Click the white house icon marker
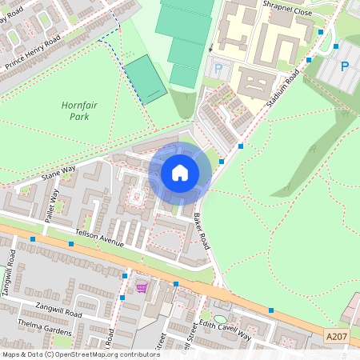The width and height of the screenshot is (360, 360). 180,172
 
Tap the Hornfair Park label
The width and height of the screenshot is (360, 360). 74,110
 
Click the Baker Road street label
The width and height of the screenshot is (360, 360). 201,230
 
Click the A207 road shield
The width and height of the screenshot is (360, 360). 337,338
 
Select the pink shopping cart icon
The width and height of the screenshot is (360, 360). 142,287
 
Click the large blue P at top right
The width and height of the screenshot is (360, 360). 345,66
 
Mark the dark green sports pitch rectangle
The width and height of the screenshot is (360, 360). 146,79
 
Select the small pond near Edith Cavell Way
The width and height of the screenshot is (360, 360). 221,298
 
